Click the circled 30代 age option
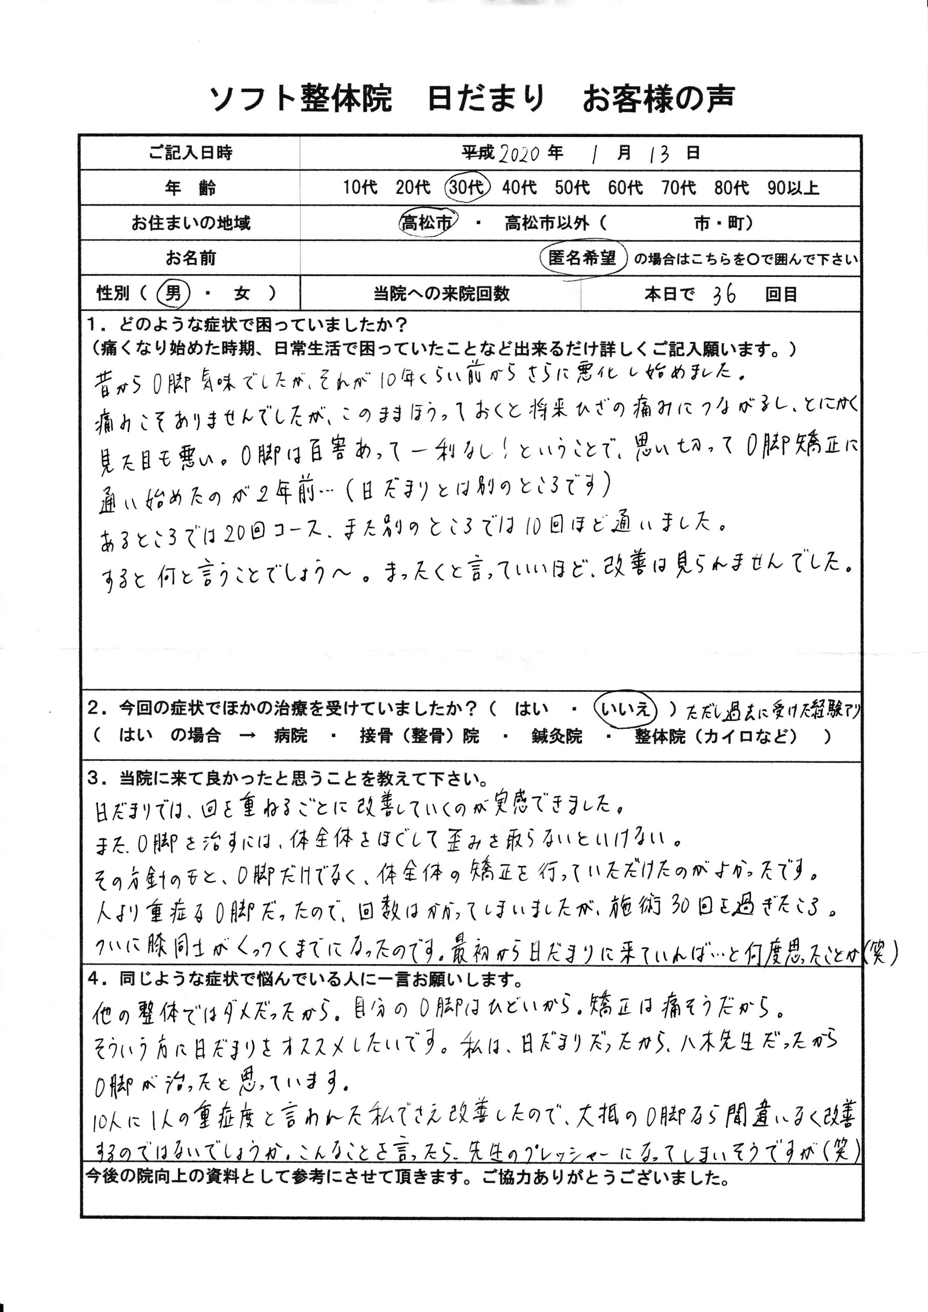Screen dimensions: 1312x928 tap(467, 188)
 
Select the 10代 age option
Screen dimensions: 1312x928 tap(360, 188)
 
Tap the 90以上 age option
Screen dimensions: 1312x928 tap(793, 188)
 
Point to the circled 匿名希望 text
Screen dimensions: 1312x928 tap(582, 258)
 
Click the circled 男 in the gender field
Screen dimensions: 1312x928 tap(173, 294)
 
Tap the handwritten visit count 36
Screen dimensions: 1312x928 tap(724, 295)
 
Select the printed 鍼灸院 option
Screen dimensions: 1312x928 tap(556, 736)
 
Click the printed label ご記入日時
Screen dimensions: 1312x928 tap(190, 153)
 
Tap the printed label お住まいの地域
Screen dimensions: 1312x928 tap(190, 223)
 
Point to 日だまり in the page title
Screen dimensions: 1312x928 tap(486, 98)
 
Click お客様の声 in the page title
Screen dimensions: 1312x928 tap(658, 98)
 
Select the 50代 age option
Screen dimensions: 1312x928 tap(572, 188)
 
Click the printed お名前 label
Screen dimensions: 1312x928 tap(190, 258)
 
